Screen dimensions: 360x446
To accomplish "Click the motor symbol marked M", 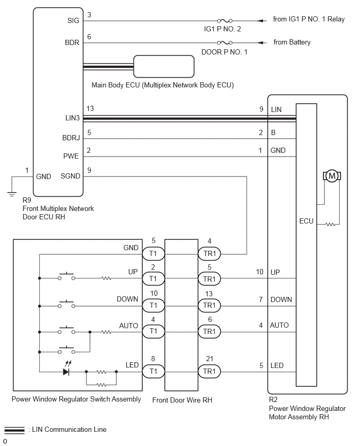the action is (x=332, y=176).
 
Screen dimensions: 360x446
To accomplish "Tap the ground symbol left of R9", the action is (x=12, y=195).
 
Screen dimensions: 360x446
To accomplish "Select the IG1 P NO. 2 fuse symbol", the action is (x=224, y=21).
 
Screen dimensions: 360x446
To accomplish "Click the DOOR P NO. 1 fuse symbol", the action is (x=224, y=43).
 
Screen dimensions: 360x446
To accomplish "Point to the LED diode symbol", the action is (x=66, y=372).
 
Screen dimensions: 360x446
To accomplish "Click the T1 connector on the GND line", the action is (x=153, y=253).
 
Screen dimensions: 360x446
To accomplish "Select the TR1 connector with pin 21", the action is (x=209, y=371).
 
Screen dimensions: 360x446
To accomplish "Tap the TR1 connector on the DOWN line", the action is (x=209, y=306).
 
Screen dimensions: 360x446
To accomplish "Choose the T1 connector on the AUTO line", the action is (x=153, y=331).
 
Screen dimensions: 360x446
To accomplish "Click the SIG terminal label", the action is (x=73, y=20).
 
